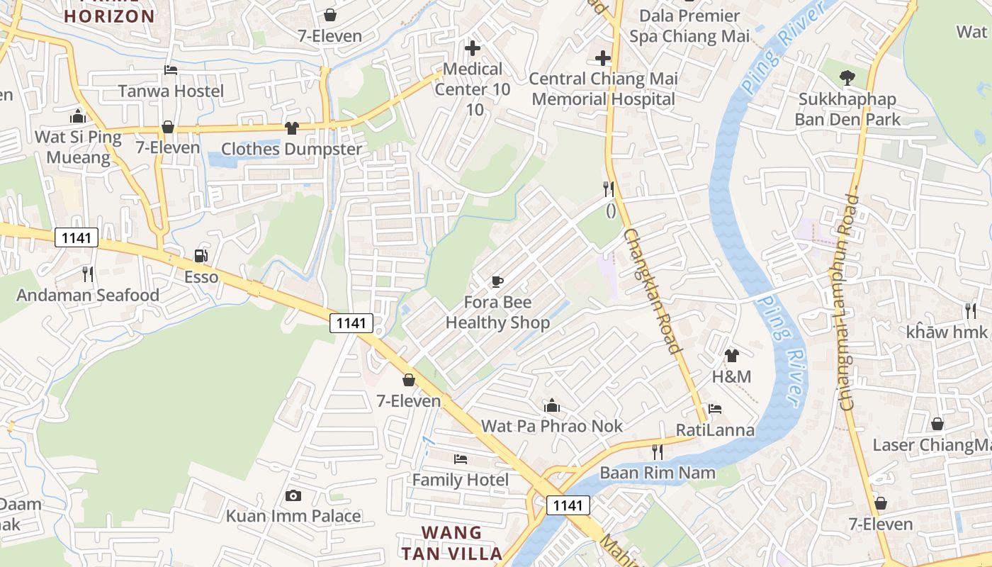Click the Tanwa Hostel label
tap(171, 91)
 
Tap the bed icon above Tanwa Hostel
tap(171, 70)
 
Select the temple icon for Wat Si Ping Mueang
tap(77, 116)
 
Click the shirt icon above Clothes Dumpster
tap(291, 128)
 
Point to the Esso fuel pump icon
tap(201, 256)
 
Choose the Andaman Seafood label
tap(88, 295)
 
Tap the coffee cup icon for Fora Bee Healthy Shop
tap(497, 281)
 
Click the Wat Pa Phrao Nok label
tap(552, 426)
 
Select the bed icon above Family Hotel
tap(461, 459)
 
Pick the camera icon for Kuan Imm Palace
tap(293, 495)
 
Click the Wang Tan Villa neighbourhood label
tap(452, 543)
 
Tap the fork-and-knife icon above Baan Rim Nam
tap(658, 451)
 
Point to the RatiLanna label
tap(715, 430)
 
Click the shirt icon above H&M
tap(731, 355)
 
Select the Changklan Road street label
tap(653, 291)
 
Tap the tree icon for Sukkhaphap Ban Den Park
tap(847, 78)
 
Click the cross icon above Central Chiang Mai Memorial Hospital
tap(603, 58)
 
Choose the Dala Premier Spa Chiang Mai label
tap(689, 26)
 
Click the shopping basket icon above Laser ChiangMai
tap(937, 424)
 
